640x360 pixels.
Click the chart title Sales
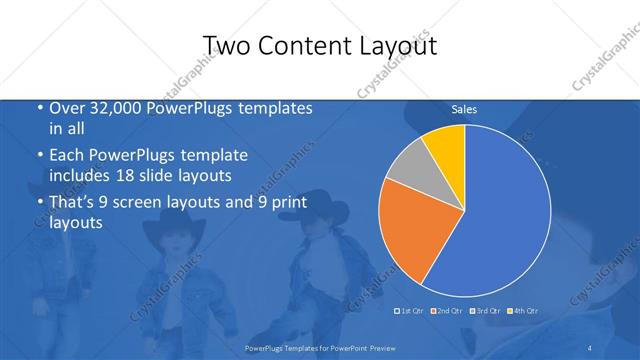(x=464, y=109)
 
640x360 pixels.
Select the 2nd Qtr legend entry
(x=446, y=311)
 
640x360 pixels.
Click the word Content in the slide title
(x=316, y=46)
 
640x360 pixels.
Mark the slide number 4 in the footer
(x=589, y=347)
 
